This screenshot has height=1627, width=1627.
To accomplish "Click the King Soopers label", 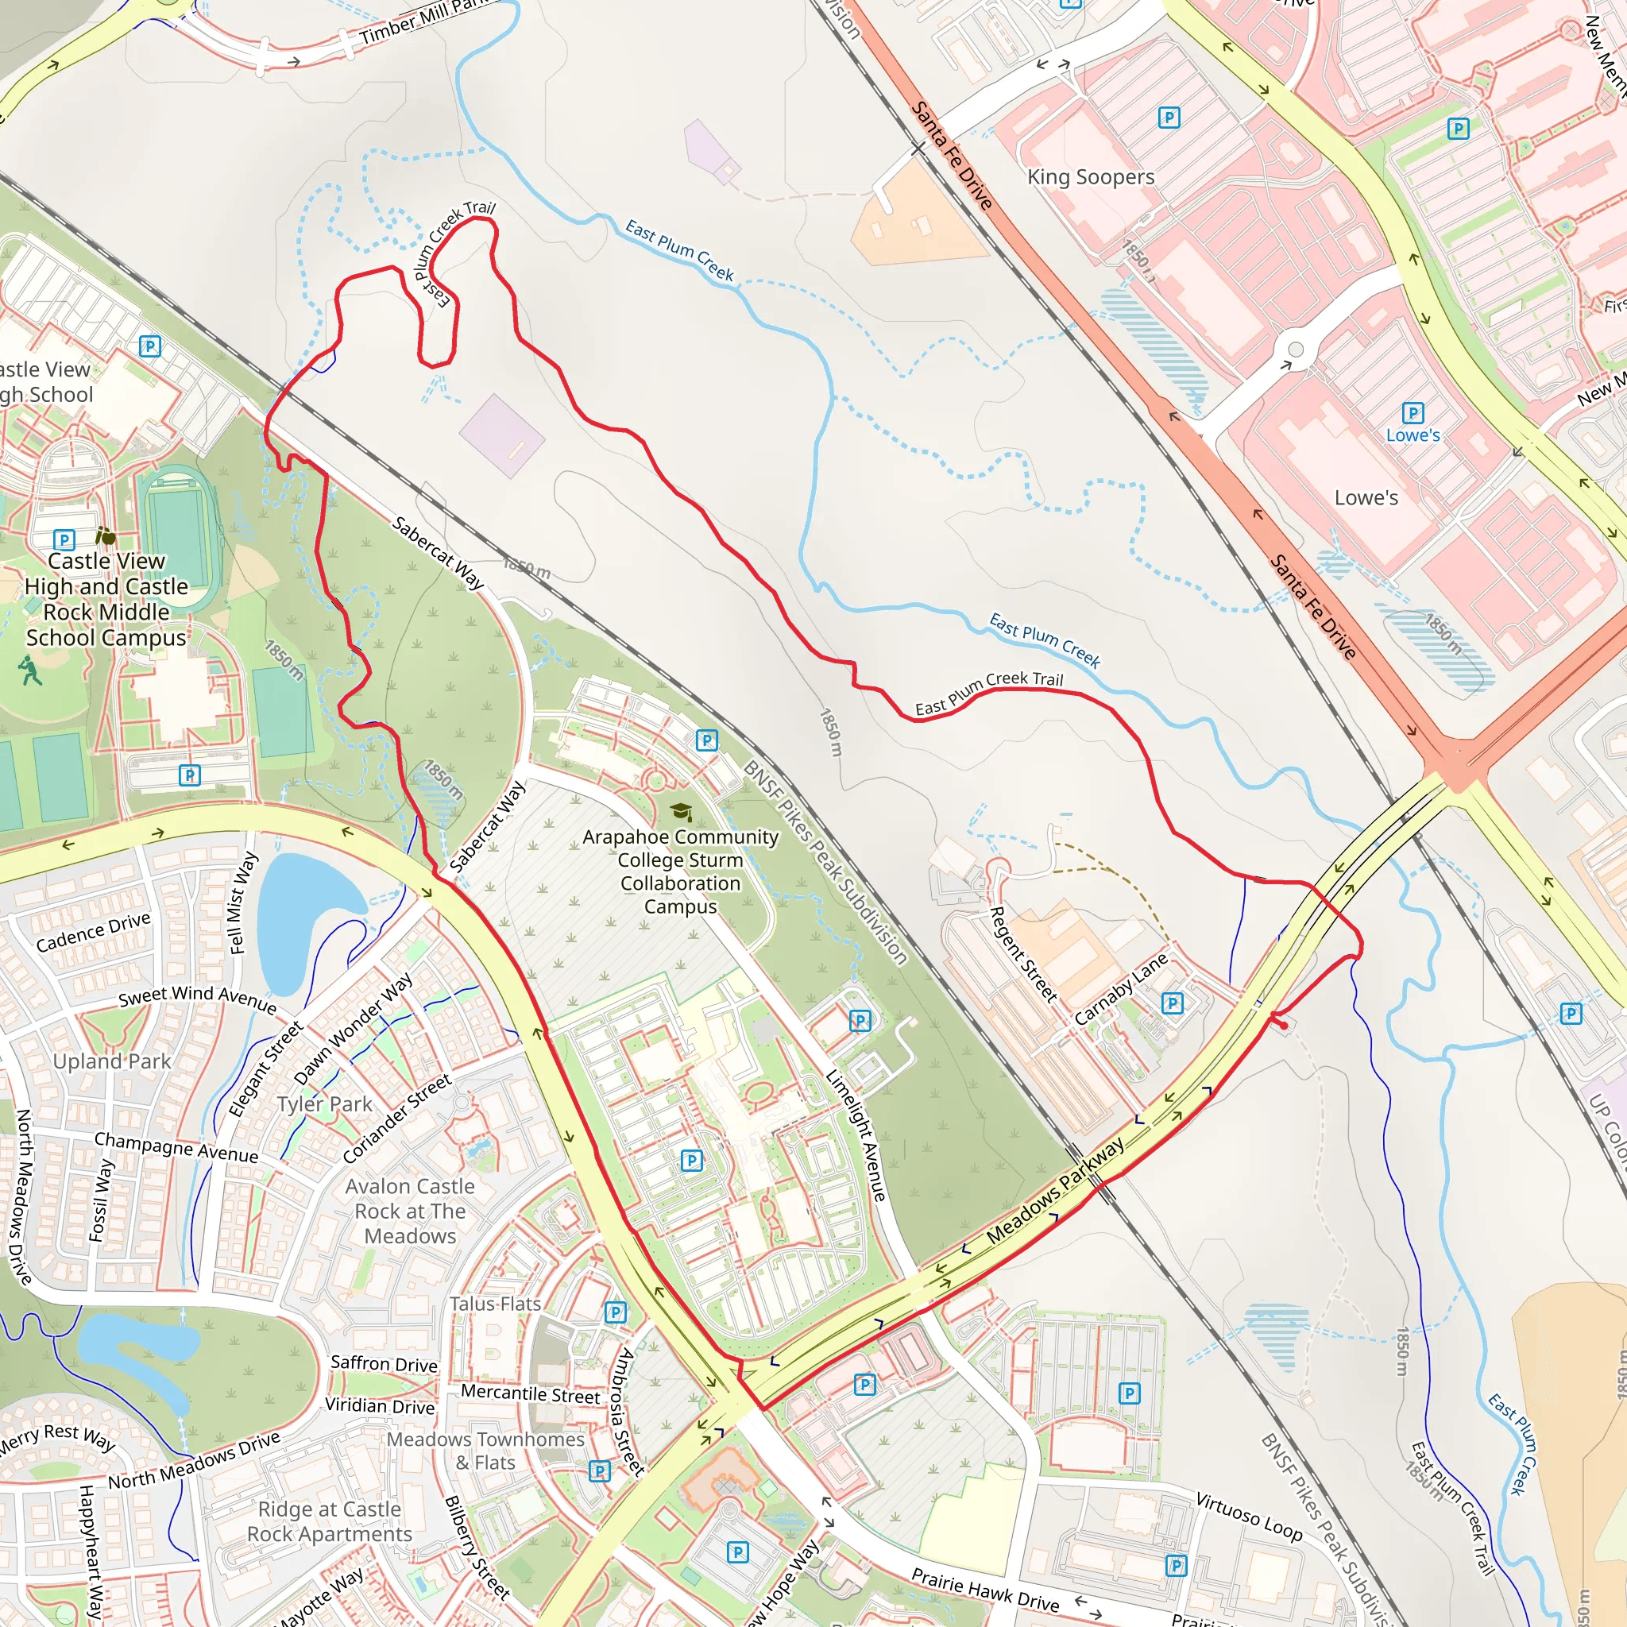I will coord(1091,177).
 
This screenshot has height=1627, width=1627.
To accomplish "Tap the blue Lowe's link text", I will coord(1413,435).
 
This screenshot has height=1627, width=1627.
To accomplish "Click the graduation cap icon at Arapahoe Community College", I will coord(682,812).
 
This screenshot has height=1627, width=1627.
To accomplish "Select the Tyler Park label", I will coord(324,1104).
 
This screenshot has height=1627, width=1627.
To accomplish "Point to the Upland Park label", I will coord(112,1061).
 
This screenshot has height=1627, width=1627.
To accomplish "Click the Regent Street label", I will coord(1022,954).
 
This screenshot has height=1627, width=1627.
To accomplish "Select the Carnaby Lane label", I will coord(1121,987).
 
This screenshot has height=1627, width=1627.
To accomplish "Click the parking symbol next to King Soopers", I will coord(1169,117).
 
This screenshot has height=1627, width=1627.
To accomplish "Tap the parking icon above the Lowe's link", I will coord(1413,412).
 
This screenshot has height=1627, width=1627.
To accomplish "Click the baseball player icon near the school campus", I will coord(30,671).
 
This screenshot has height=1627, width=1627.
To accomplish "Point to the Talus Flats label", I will coord(494,1304).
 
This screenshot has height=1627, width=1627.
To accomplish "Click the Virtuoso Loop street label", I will coord(1249,1516).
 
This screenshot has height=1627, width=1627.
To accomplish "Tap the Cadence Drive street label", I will coord(93,931).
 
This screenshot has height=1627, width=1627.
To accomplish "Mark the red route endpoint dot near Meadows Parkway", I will coord(1284,1025).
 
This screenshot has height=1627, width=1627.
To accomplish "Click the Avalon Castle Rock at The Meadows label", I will coord(410,1211).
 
